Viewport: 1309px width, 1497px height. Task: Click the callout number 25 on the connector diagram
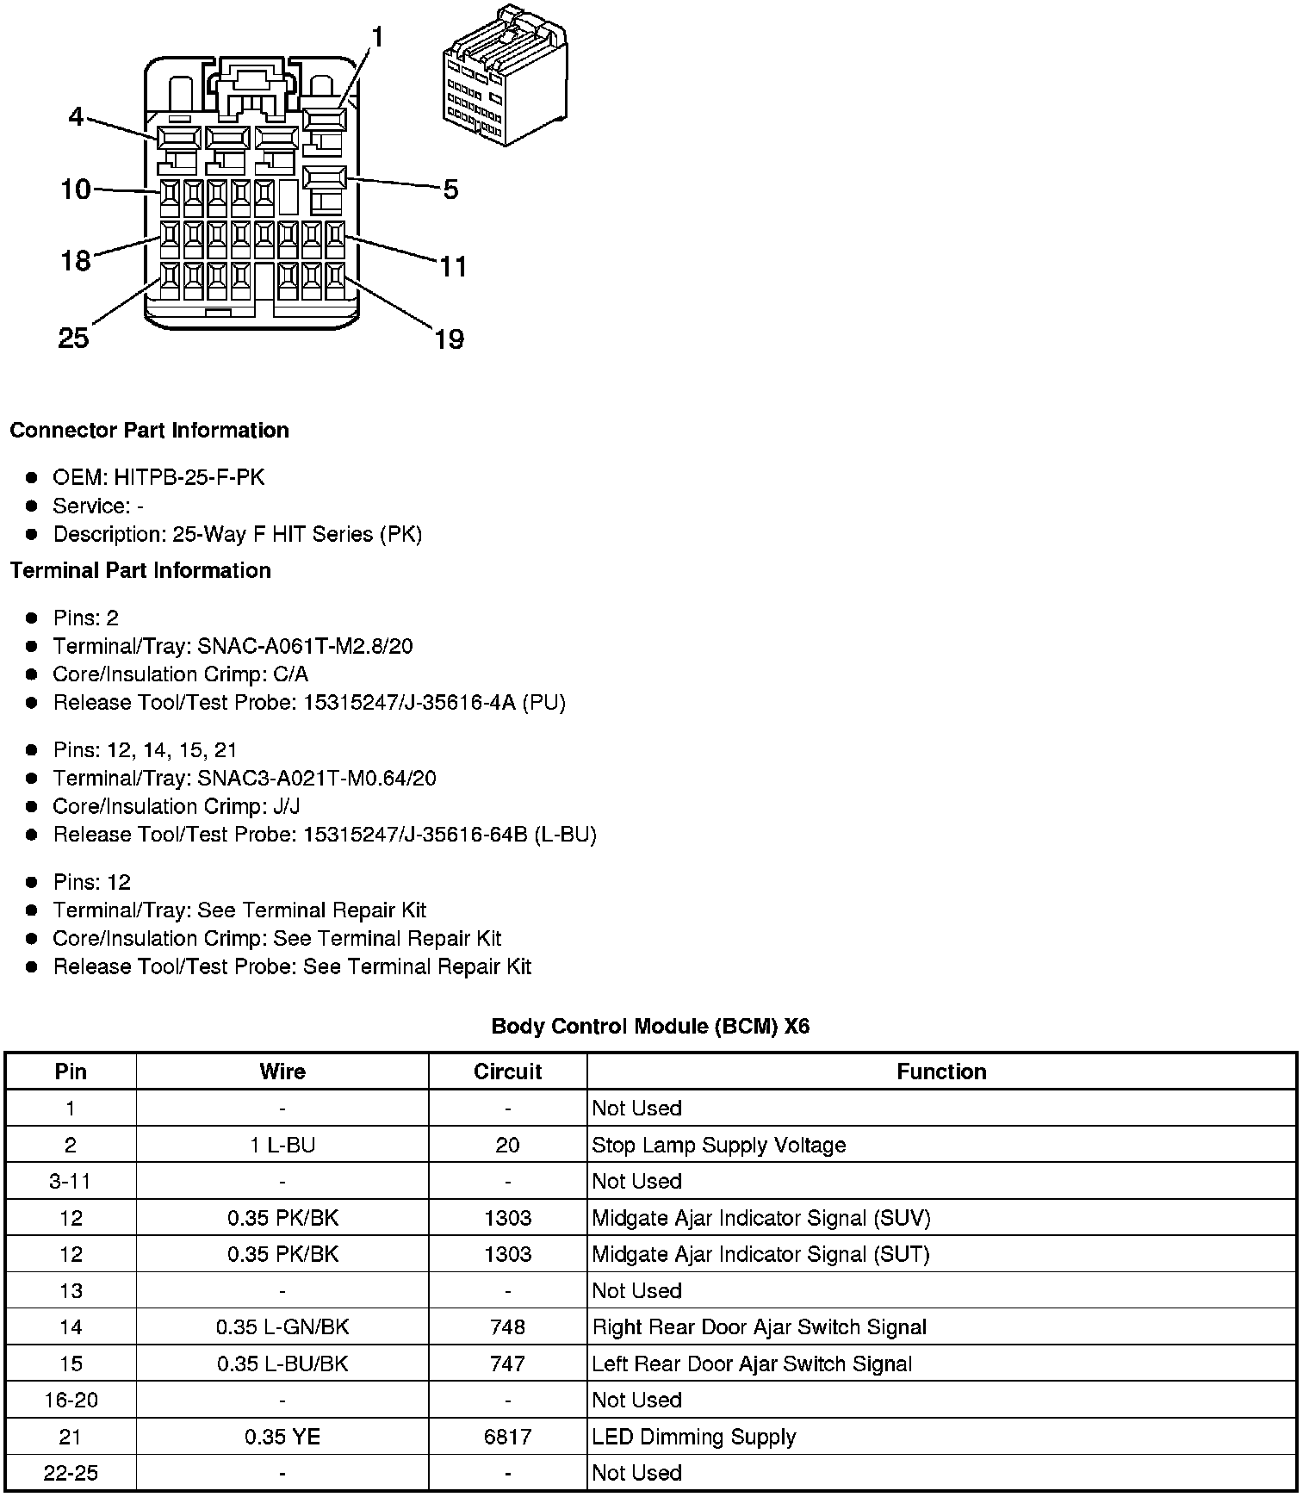point(73,338)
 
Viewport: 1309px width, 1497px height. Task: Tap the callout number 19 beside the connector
point(449,339)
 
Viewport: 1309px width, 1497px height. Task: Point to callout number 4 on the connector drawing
point(77,116)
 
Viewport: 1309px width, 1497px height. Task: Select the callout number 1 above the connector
point(376,38)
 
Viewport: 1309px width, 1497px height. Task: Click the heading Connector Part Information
point(149,431)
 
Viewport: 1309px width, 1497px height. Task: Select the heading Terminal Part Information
point(140,570)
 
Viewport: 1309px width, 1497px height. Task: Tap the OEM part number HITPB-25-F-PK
point(189,477)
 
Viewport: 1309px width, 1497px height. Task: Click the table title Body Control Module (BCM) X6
point(650,1026)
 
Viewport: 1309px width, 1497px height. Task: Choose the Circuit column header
point(507,1072)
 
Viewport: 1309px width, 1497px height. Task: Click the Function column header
point(941,1072)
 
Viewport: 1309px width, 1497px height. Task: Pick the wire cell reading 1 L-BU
point(282,1145)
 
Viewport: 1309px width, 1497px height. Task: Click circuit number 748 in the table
point(507,1327)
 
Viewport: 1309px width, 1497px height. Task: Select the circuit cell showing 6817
point(507,1437)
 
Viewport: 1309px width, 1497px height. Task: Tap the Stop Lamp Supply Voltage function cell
point(718,1145)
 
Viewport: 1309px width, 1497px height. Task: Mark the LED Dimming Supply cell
point(693,1437)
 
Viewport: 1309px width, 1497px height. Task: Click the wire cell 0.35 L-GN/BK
point(282,1327)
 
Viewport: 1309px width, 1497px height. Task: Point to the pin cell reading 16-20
point(71,1401)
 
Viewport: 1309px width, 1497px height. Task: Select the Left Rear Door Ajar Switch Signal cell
point(752,1363)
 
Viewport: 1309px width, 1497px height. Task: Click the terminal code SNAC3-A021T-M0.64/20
point(317,779)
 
